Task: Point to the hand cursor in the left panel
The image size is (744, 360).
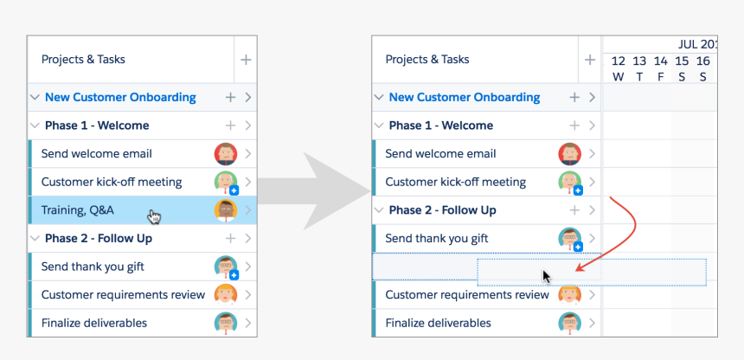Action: (154, 216)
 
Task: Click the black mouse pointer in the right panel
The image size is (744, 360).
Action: (547, 276)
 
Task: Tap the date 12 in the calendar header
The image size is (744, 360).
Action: (618, 61)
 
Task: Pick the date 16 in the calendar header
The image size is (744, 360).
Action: (703, 61)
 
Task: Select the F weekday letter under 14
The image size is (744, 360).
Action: (661, 77)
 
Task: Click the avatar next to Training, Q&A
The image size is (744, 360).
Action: (225, 210)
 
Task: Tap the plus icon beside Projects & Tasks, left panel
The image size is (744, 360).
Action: (246, 60)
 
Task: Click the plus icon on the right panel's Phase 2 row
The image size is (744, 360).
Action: (574, 210)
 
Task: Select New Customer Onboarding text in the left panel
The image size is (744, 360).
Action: (120, 97)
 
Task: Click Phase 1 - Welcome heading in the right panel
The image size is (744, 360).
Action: (440, 125)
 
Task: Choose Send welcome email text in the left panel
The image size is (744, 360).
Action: (96, 154)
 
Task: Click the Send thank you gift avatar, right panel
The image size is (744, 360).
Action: (569, 239)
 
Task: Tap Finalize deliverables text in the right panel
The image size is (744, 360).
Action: (438, 324)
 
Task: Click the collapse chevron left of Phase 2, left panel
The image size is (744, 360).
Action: (35, 239)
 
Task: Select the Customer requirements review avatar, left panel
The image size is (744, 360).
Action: (225, 295)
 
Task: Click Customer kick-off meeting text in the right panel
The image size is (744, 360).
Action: (455, 183)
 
